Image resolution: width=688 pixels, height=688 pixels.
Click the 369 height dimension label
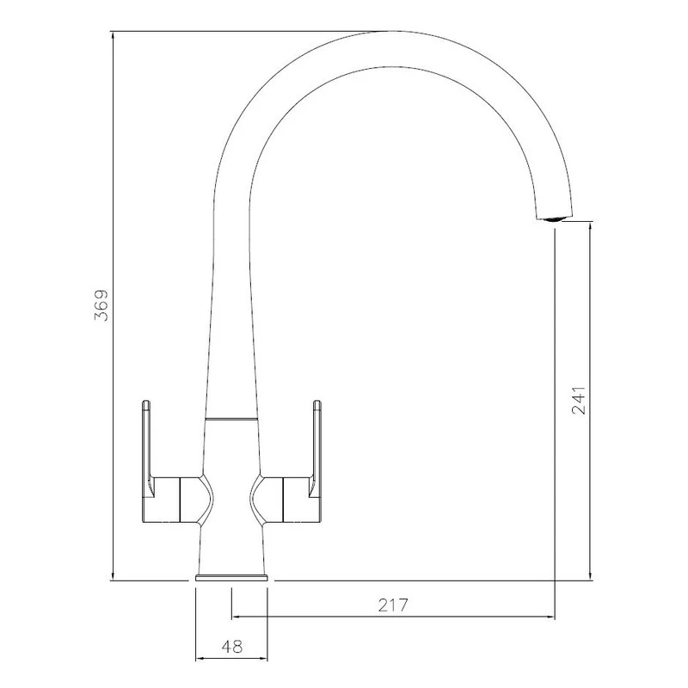click(101, 305)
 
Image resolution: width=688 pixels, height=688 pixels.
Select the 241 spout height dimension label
click(579, 400)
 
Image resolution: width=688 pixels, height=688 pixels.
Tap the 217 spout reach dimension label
click(393, 605)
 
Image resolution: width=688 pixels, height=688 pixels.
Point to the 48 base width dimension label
click(232, 646)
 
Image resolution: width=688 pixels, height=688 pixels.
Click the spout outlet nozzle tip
click(555, 218)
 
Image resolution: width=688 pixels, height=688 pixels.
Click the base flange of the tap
click(231, 577)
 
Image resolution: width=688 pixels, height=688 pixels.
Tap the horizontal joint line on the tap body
click(231, 419)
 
